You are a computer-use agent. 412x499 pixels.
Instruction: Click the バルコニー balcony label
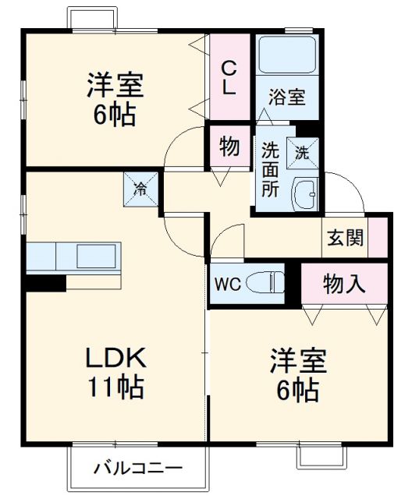coord(139,469)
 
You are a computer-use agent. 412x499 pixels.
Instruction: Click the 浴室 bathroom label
coord(287,98)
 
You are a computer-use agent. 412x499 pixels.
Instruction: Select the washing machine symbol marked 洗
coord(302,152)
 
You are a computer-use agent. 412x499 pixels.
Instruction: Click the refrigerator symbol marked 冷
coord(140,187)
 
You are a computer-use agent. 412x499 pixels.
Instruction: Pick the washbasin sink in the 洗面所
coord(305,191)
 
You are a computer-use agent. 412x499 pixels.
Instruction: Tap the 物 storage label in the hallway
coord(229,147)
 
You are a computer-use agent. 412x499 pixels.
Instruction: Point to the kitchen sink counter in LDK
coord(75,255)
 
